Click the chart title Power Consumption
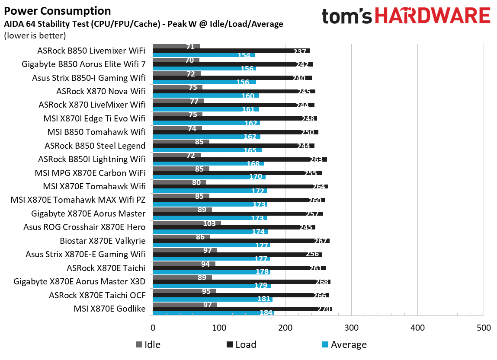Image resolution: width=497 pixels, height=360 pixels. pos(58,11)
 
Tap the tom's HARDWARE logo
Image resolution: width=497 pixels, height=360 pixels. pos(406,16)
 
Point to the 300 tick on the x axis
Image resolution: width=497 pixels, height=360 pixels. pos(351,328)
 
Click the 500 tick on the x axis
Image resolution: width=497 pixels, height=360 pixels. pos(483,328)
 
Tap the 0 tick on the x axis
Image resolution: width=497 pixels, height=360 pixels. pos(153,328)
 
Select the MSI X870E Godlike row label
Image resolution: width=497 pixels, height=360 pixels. pos(109,309)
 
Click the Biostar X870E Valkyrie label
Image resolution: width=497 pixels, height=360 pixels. pos(103,241)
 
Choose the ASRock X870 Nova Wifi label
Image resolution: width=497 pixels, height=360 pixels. pos(101,91)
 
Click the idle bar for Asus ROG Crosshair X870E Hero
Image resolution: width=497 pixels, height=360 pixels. pos(186,223)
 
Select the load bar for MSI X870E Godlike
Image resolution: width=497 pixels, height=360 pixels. pos(242,309)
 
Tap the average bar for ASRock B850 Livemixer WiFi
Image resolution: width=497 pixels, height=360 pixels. pos(203,55)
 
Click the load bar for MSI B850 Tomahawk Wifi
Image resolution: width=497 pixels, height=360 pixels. pos(235,132)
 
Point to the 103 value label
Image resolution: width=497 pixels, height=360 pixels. pos(209,223)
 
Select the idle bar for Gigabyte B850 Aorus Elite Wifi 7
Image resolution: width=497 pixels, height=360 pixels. pos(176,61)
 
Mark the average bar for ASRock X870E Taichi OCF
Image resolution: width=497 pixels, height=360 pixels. pos(212,299)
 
